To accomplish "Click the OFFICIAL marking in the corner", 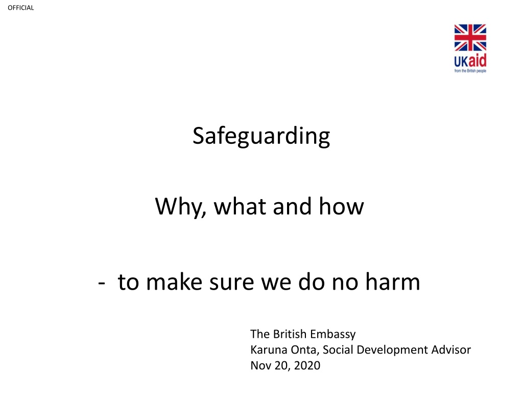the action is [20, 8].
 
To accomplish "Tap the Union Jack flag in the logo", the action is [470, 37].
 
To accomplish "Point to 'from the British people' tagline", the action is [470, 71].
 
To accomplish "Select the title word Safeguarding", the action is [261, 136].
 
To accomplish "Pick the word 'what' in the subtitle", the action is [240, 207].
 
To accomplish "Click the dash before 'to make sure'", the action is [102, 283].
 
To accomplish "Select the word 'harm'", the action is [393, 281].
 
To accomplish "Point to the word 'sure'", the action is [231, 282].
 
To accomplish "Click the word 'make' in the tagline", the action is [174, 281].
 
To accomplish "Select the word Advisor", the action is [451, 350].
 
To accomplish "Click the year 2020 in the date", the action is [307, 365].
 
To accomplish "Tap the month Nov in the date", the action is [261, 365].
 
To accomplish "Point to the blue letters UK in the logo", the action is [461, 61].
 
